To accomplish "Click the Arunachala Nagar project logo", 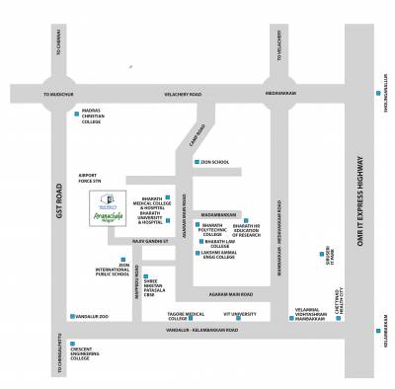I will click(116, 207).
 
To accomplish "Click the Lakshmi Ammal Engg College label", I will click(226, 255).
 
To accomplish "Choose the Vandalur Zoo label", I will click(92, 316).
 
